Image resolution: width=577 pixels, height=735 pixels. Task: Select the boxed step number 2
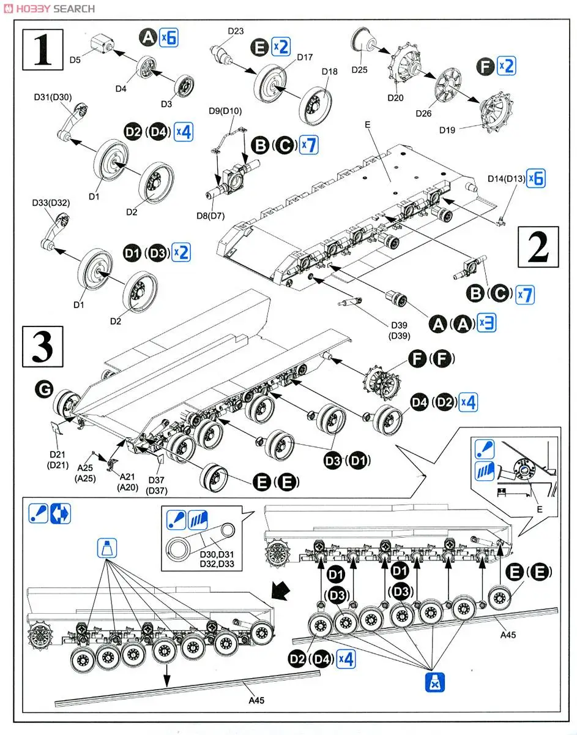[x=538, y=247]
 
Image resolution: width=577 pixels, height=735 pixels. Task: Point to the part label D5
[x=75, y=60]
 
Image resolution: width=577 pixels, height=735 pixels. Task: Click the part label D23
[x=235, y=31]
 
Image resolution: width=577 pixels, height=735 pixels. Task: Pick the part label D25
[x=360, y=70]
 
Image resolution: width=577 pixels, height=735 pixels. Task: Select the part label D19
[x=447, y=129]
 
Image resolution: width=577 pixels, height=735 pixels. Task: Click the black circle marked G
[x=45, y=388]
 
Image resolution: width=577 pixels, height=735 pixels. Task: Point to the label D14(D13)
[x=507, y=178]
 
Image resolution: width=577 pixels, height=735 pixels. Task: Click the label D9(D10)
[x=225, y=111]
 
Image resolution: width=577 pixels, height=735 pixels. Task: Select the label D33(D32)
[x=51, y=203]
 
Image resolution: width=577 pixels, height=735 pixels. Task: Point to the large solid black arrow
[x=282, y=592]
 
